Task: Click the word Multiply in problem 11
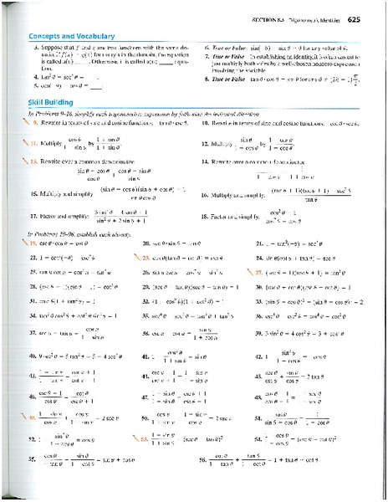tap(54, 143)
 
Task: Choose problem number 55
tap(33, 458)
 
